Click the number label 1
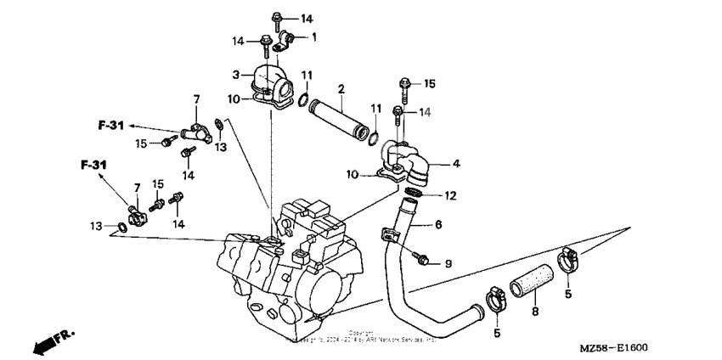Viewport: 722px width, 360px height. [313, 37]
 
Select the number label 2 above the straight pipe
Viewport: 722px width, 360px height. [341, 88]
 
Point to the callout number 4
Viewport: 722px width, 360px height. [456, 163]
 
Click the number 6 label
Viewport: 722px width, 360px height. [438, 225]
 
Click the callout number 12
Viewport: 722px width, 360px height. [450, 196]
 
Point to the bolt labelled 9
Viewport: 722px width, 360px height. [420, 255]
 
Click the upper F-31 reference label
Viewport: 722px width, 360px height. [111, 126]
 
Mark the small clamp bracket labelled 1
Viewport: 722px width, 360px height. [287, 38]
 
